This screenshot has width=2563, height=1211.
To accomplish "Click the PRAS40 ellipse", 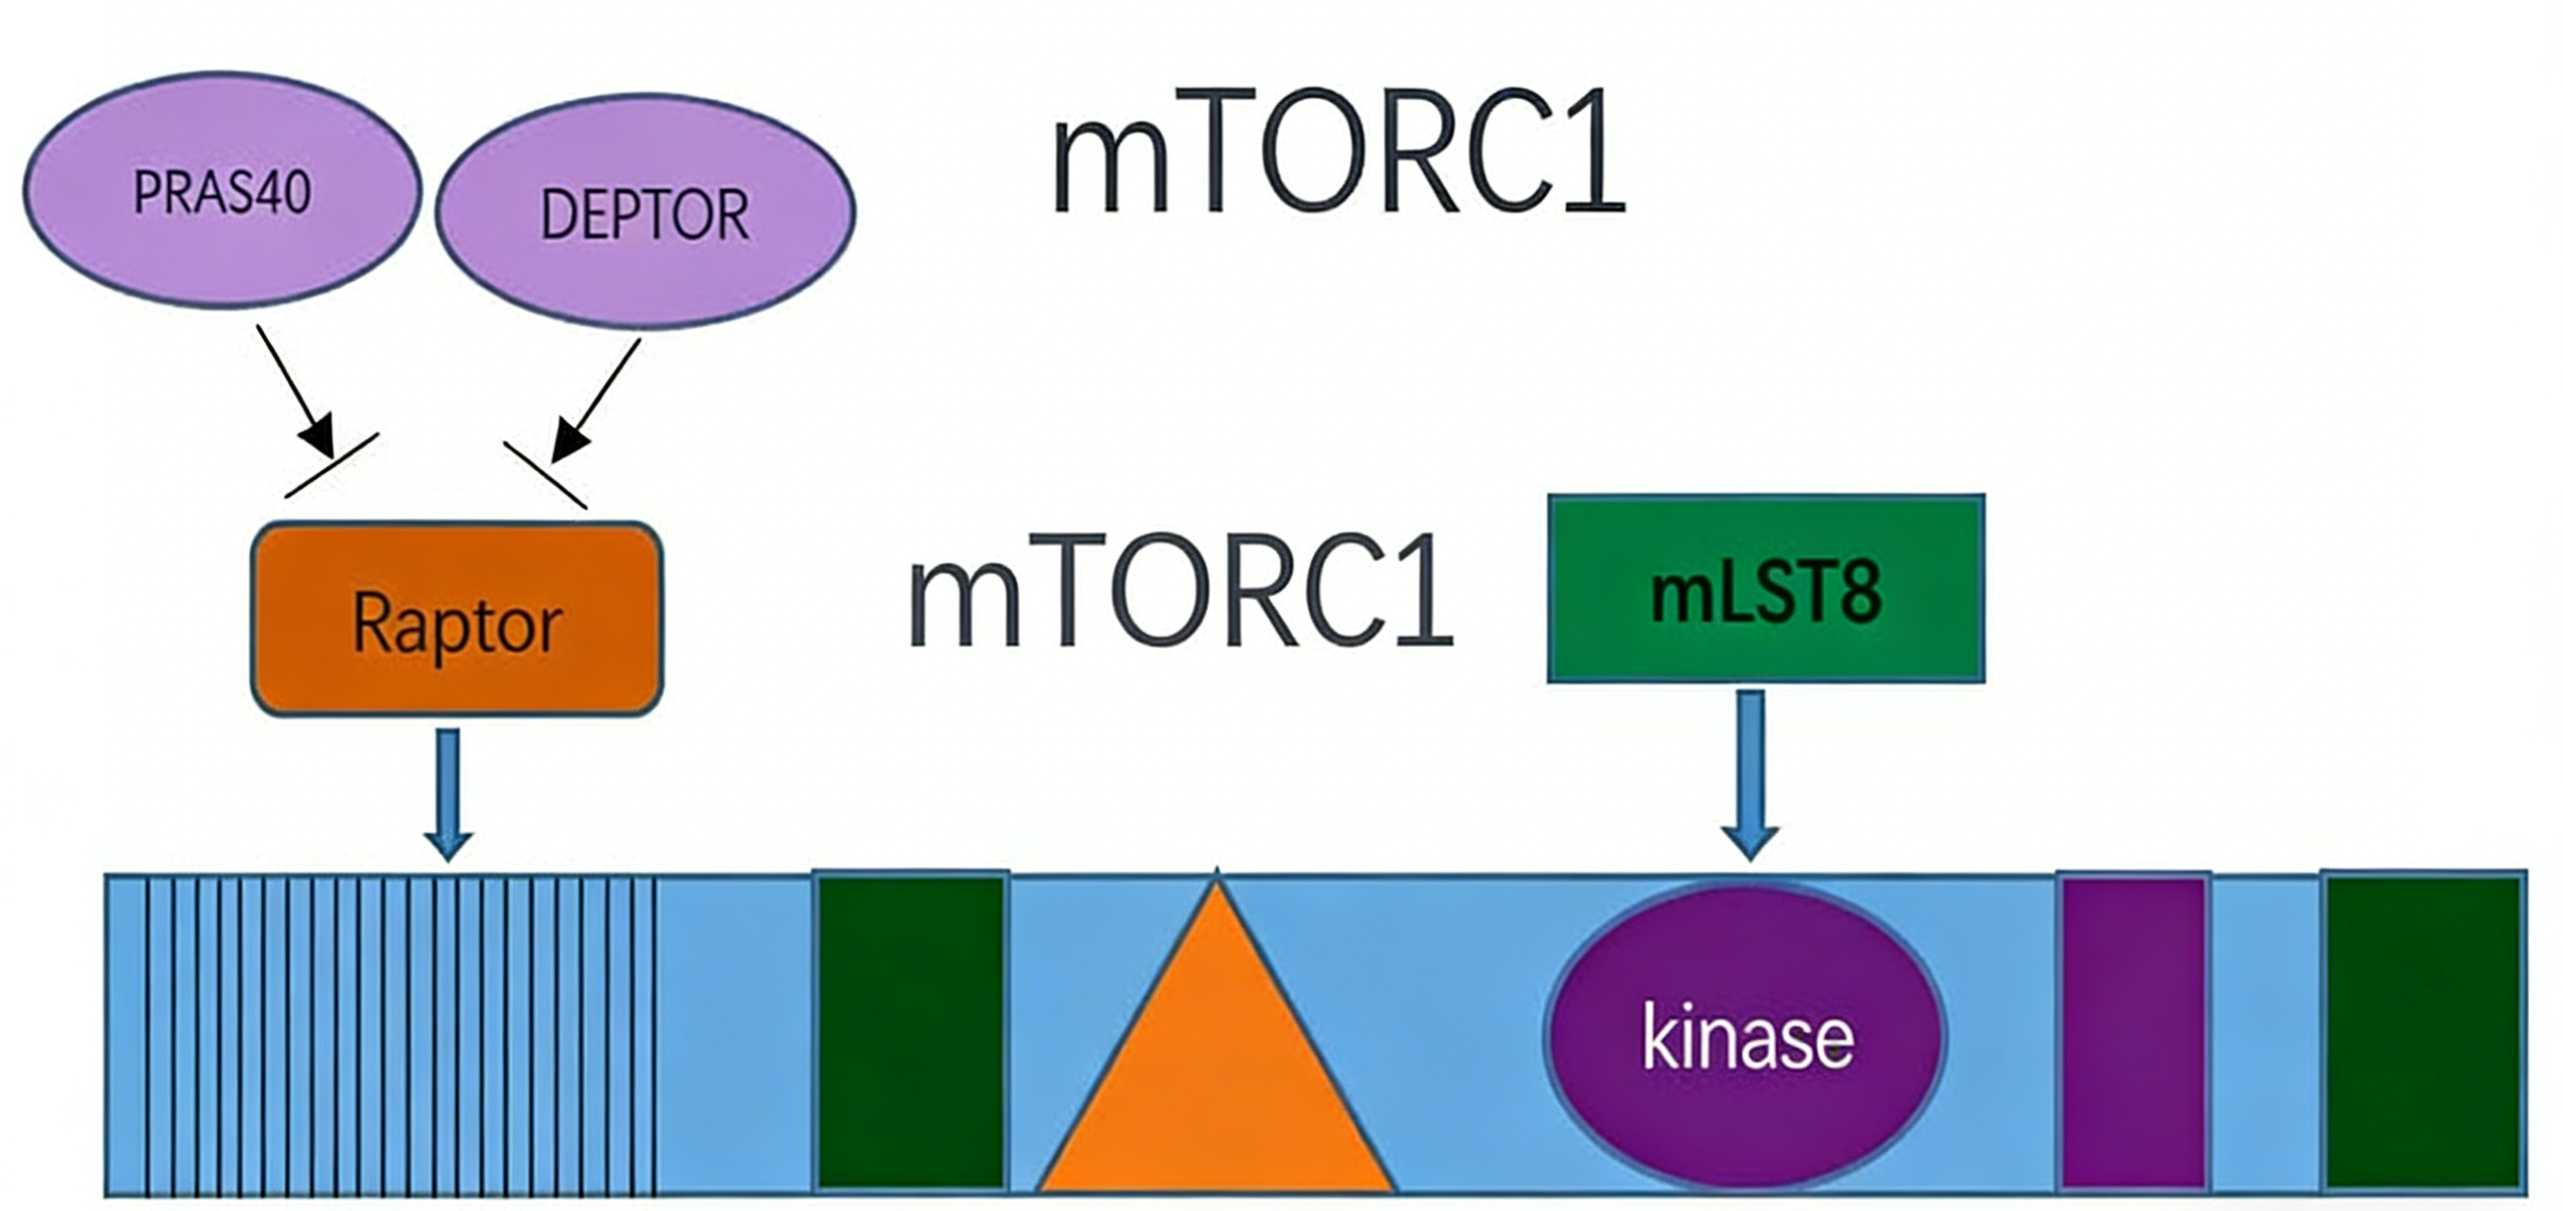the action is (x=222, y=189).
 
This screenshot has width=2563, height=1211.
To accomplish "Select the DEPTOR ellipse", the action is (x=645, y=211).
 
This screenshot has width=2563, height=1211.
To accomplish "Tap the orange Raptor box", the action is (x=456, y=619).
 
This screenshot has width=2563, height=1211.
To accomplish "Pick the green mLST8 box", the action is (x=1766, y=588).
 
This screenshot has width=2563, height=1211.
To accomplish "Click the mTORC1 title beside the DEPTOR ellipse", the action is (x=1338, y=151).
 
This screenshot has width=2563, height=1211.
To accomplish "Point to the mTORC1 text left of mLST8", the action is (x=1181, y=591).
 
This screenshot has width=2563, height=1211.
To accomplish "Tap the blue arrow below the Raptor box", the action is (x=449, y=795).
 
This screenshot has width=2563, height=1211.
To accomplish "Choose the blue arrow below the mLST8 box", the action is (x=1750, y=775).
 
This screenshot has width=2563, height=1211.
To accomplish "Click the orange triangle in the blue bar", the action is (x=1216, y=1035).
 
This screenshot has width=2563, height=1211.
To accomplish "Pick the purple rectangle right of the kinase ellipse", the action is (x=2134, y=1032).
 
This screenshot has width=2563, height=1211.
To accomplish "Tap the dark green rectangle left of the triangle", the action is (x=911, y=1032).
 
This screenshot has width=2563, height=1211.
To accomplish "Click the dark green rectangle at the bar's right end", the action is (x=2425, y=1032).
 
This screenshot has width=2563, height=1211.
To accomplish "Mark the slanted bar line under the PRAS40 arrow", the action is (x=331, y=465).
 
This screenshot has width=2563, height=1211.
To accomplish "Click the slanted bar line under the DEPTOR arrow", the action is (x=545, y=476).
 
